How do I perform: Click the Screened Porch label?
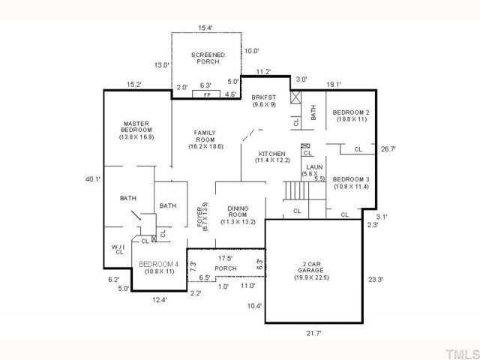208,58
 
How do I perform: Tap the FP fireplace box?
206,94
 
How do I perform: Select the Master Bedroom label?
136,127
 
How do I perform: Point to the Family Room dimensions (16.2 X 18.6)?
206,146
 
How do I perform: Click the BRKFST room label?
263,97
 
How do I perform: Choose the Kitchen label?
272,154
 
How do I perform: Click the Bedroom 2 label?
351,112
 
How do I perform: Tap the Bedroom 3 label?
351,179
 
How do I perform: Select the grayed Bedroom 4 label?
158,264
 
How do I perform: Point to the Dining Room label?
238,211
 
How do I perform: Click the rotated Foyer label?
200,217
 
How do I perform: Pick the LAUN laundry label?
314,167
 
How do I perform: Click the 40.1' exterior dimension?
93,179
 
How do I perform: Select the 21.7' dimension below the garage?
313,333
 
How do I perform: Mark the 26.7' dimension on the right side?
388,149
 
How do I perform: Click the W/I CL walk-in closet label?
118,250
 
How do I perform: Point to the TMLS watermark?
462,354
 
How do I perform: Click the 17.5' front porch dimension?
225,258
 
